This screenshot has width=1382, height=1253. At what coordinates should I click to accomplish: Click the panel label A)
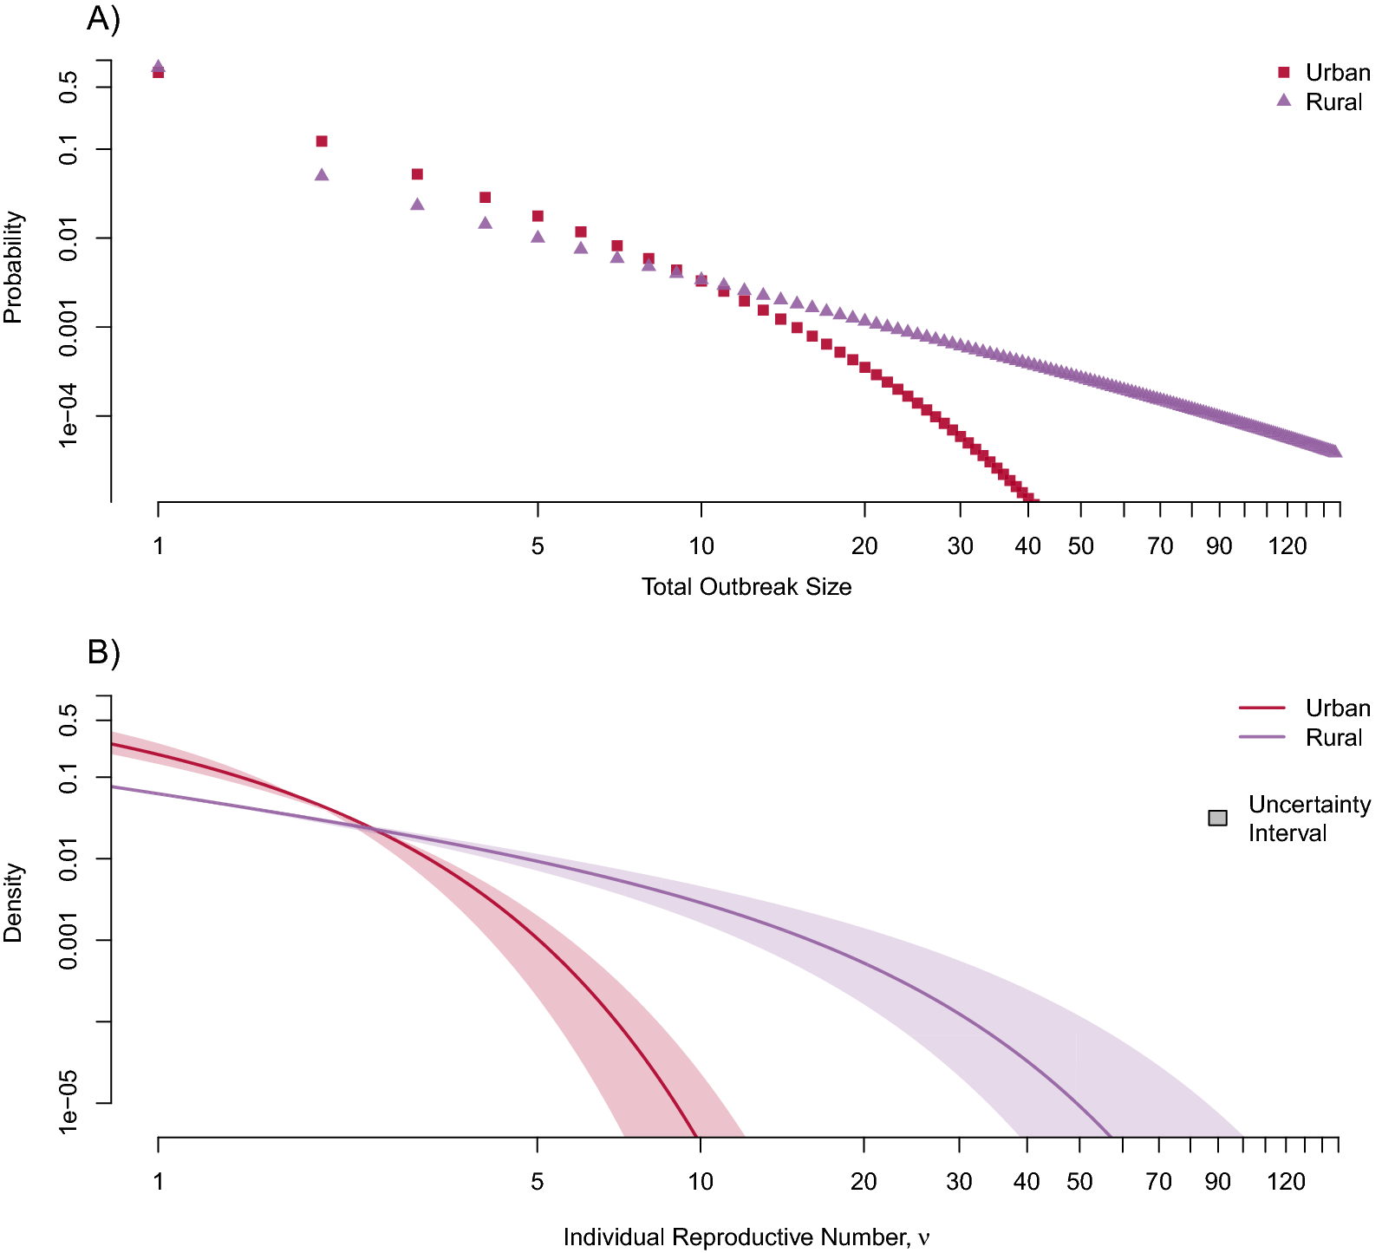click(x=103, y=18)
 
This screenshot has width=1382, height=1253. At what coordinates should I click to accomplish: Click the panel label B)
click(x=103, y=652)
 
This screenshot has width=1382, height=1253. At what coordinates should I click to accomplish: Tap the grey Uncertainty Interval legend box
click(x=1217, y=819)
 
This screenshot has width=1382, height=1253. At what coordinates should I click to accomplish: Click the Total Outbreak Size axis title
click(x=746, y=587)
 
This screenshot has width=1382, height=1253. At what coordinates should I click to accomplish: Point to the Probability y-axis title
click(x=13, y=267)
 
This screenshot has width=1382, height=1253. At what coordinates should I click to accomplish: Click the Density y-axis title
click(x=13, y=903)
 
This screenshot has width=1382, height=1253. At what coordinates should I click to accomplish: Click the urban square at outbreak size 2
click(x=322, y=141)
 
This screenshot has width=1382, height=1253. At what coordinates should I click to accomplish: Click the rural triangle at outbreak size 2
click(x=322, y=175)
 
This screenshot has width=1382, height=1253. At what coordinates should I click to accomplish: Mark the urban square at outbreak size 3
click(x=417, y=174)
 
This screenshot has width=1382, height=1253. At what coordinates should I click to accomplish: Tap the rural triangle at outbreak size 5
click(x=538, y=237)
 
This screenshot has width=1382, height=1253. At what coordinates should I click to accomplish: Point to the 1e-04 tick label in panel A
click(x=68, y=416)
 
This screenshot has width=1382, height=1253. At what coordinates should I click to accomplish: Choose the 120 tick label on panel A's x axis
click(x=1287, y=546)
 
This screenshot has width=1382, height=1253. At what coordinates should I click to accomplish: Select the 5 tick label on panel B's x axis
click(x=537, y=1182)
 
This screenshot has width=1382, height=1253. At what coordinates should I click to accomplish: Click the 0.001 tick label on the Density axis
click(x=68, y=940)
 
